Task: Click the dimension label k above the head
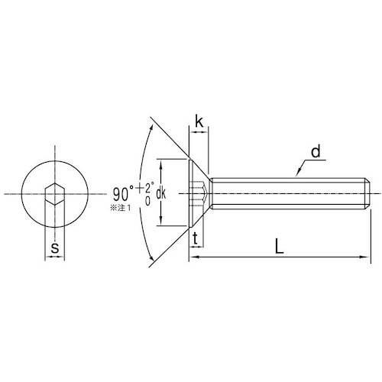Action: click(199, 121)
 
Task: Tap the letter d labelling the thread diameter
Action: click(316, 151)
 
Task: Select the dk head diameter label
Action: click(160, 194)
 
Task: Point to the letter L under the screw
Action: click(279, 246)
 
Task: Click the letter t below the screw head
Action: click(196, 239)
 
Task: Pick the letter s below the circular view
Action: click(55, 248)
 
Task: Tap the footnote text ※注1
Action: click(120, 208)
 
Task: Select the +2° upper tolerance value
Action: click(145, 188)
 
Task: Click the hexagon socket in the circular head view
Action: click(55, 194)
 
